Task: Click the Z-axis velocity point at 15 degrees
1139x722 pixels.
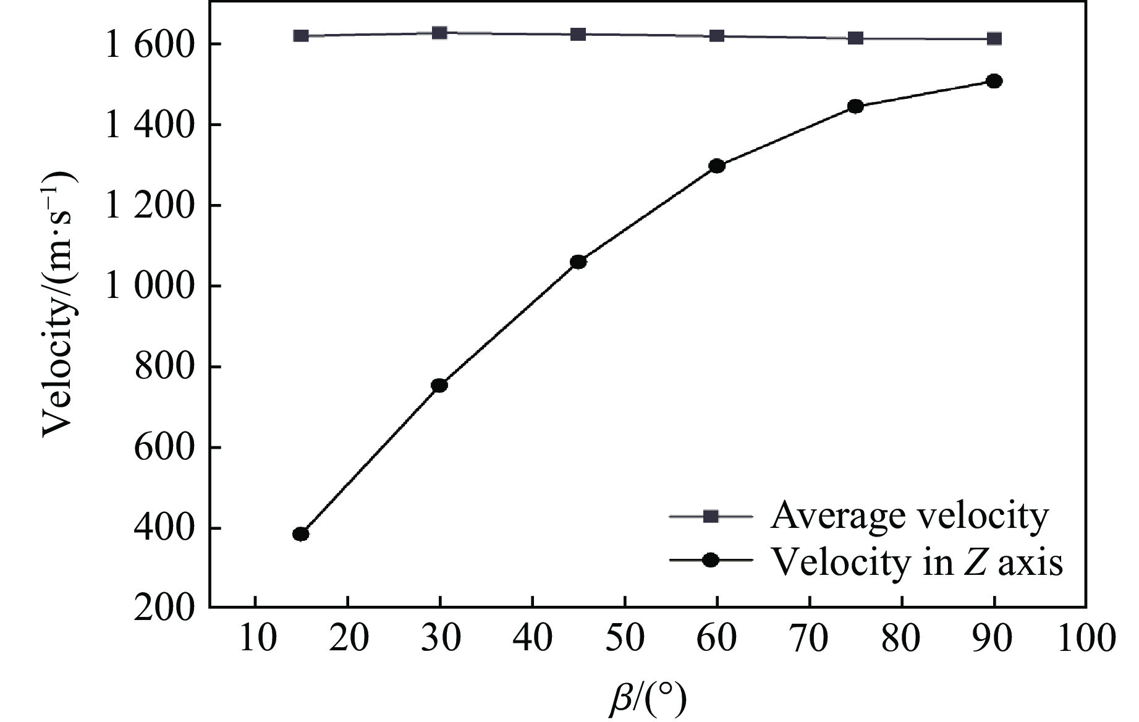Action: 301,534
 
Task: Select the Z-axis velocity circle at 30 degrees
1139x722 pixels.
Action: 439,386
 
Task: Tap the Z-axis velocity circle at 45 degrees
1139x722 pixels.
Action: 578,262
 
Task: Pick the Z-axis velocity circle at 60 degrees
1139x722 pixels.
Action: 717,166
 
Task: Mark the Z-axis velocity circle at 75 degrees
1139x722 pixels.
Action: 855,106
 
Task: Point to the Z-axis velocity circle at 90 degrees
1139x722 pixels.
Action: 994,81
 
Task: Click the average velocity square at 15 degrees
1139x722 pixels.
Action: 301,36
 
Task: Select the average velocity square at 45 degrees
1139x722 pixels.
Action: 578,34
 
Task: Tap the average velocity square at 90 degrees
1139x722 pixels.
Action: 994,39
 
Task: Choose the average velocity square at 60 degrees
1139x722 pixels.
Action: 717,36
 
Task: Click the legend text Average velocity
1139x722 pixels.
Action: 909,517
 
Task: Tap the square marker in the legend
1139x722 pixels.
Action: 711,516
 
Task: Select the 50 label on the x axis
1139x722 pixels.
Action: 625,639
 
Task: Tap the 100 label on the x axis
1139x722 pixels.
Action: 1086,639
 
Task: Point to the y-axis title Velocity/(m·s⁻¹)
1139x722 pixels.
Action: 59,304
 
